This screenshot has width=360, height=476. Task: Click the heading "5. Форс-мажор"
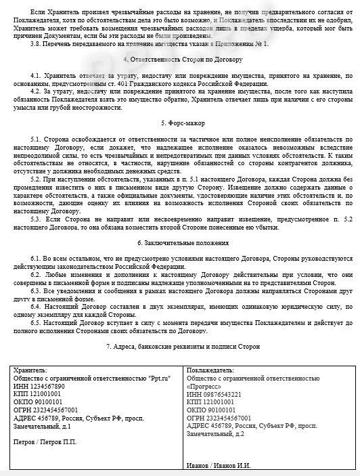[x=182, y=123]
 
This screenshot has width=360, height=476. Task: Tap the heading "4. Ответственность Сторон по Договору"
[x=183, y=59]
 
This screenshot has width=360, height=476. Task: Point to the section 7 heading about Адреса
[x=183, y=347]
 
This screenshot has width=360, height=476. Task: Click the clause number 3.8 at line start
[x=37, y=43]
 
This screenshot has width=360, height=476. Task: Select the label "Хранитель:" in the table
[x=28, y=371]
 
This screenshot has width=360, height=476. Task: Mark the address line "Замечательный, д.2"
[x=220, y=433]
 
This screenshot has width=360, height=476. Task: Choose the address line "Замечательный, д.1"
[x=42, y=427]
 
